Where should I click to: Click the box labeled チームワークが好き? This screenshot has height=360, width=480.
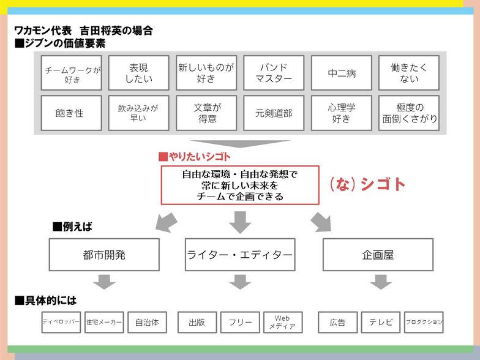point(72,73)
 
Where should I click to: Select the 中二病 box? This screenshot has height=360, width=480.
point(341,73)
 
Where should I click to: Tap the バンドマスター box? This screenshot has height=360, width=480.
point(274,73)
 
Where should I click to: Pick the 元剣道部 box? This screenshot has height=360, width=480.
point(274,113)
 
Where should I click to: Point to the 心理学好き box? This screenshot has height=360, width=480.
point(341,113)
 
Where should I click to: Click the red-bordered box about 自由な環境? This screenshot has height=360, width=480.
point(240,185)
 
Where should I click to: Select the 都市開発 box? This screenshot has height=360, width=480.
point(104,255)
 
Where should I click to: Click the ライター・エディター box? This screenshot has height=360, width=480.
point(239,255)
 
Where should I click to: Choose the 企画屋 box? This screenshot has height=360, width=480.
point(378,255)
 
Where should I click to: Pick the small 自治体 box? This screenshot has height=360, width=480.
point(147,322)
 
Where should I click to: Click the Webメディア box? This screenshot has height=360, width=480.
point(282,322)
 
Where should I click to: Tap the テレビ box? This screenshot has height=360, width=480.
point(381,322)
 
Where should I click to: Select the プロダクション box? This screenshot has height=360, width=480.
point(424,322)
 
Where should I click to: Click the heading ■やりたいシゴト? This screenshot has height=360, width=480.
point(194,157)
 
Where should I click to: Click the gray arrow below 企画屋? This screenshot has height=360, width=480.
point(381,282)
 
